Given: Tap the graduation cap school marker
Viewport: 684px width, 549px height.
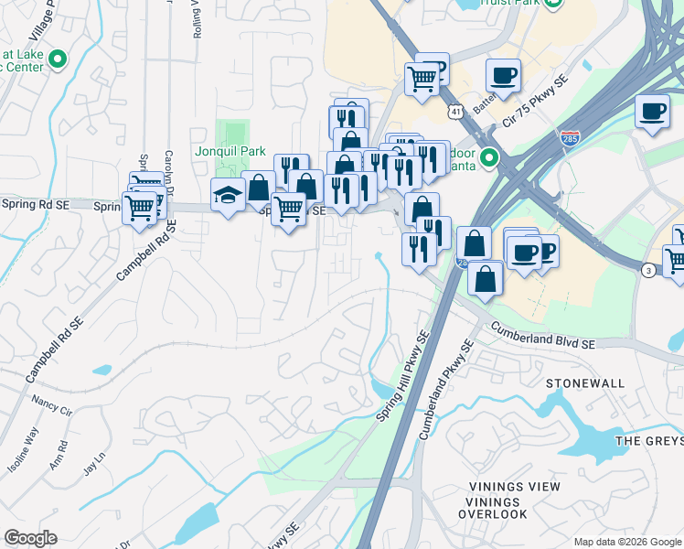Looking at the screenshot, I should coord(227,194).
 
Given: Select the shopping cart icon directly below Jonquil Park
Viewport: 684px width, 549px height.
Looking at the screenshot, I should coord(289,210).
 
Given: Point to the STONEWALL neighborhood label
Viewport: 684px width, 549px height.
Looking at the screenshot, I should coord(586,382).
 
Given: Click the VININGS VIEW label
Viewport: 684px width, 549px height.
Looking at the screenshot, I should coord(514,487).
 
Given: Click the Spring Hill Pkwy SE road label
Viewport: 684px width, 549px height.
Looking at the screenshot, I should coord(403,376).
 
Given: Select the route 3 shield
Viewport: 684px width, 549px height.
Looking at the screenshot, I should coord(647,270).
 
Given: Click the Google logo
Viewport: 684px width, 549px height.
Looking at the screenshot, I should coord(30,538).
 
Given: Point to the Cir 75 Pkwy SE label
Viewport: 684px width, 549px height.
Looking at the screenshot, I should coord(535,102).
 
